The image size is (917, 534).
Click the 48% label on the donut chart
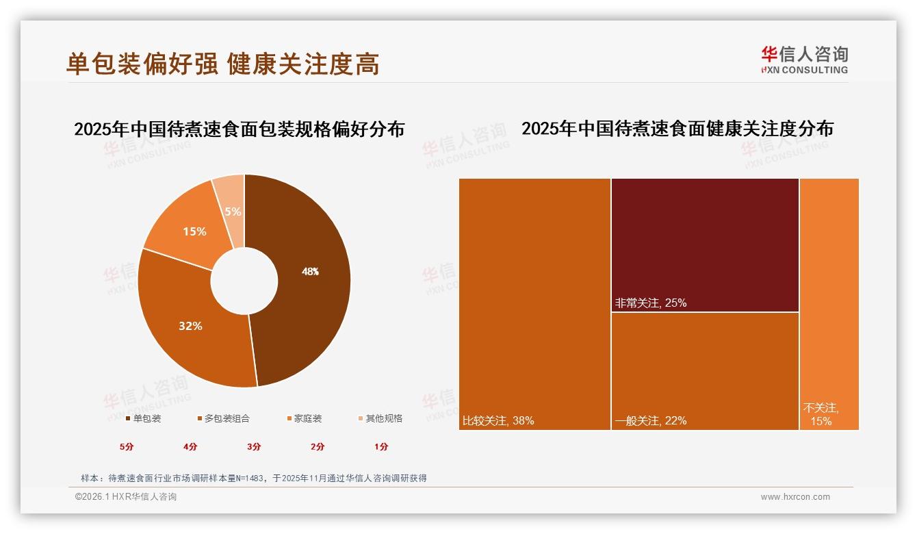[x=310, y=272]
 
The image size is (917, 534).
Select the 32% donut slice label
[x=190, y=327]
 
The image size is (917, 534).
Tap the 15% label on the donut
[x=194, y=232]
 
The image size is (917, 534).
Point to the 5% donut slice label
[x=233, y=212]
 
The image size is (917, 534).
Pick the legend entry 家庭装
[x=304, y=418]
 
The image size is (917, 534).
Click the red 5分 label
[x=127, y=447]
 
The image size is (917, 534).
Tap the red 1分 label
[x=381, y=447]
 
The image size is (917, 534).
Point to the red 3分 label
[x=254, y=447]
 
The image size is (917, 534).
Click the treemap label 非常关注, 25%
[x=650, y=303]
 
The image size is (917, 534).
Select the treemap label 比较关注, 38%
[x=498, y=420]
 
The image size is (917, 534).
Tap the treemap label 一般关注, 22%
[x=650, y=420]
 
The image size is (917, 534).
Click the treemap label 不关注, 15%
[x=821, y=415]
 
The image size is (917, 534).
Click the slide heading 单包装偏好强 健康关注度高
[x=222, y=64]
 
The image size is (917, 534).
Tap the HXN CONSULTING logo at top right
[x=804, y=60]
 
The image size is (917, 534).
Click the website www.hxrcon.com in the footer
[x=795, y=497]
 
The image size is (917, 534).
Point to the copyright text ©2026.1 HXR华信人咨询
[x=126, y=497]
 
